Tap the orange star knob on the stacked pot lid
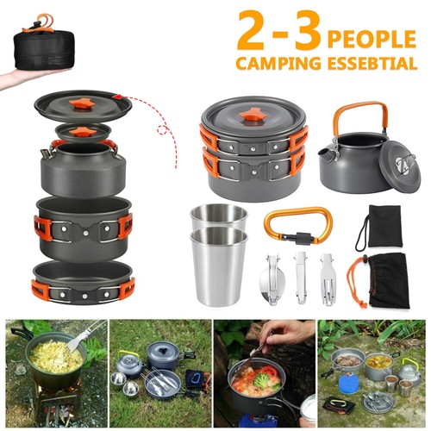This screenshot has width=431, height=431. coord(253,115)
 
